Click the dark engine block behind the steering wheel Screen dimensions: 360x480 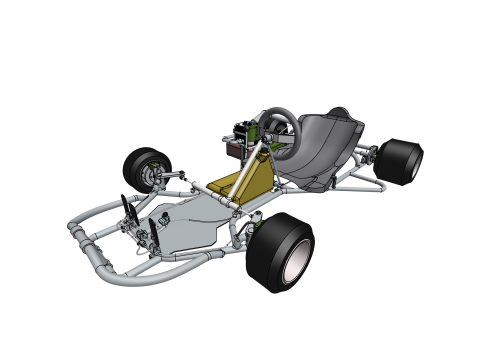[240, 140]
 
